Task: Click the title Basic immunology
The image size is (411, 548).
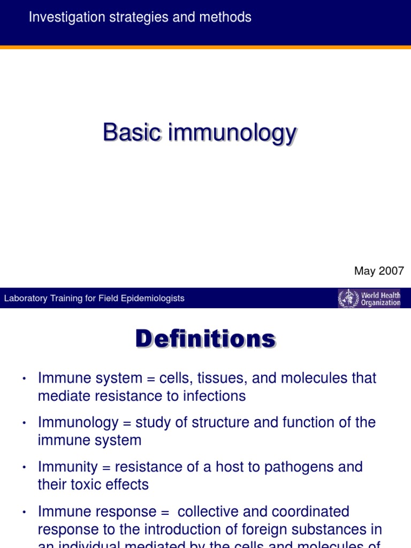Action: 199,132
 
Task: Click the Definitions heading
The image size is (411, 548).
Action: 205,339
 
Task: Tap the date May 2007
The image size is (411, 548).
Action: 379,271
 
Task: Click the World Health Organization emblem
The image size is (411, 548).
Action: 348,298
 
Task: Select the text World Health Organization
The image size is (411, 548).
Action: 380,299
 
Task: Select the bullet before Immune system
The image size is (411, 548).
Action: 24,379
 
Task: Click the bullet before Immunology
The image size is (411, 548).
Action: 24,423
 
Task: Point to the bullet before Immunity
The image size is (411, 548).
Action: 24,468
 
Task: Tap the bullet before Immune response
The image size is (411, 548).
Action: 24,512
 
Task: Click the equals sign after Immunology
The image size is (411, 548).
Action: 126,423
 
